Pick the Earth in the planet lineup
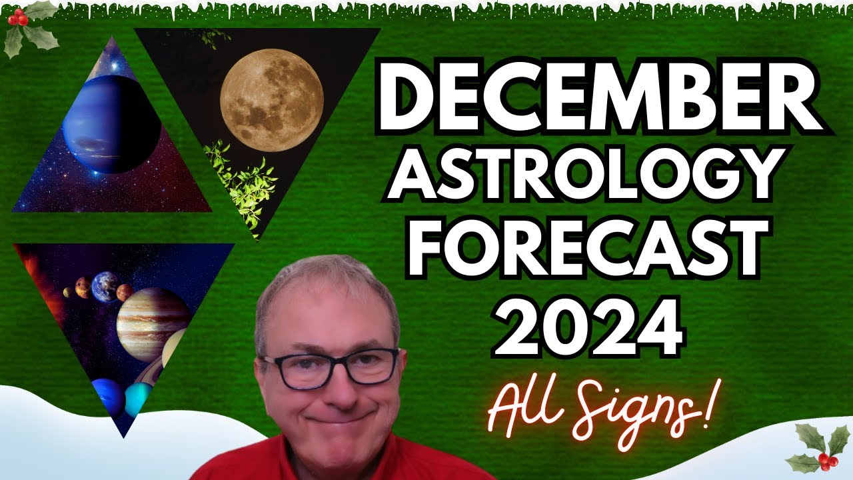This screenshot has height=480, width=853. [105, 286]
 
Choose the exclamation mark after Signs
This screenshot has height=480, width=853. [706, 407]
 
